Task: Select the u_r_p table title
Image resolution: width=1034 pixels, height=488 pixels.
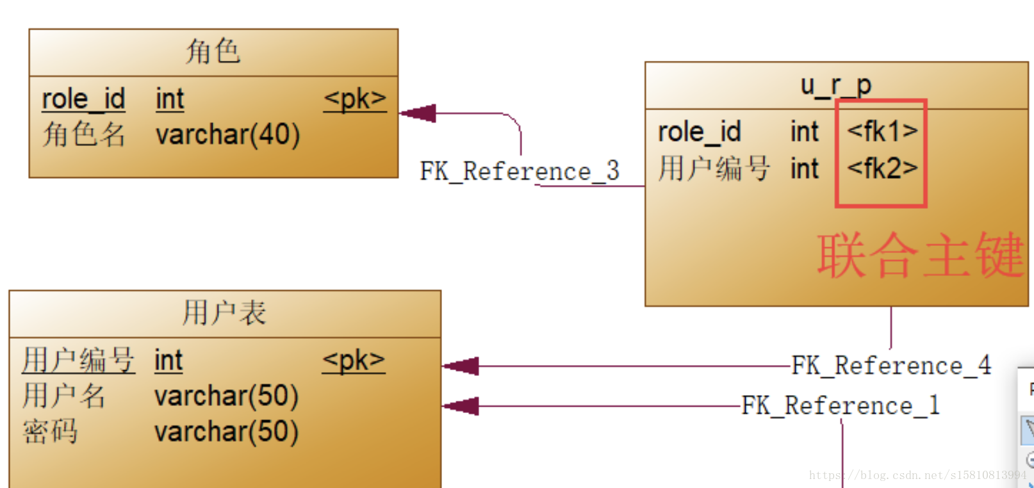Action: coord(836,85)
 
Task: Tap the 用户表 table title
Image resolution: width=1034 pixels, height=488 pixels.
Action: coord(225,313)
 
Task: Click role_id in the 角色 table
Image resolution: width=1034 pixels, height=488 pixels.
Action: coord(83,99)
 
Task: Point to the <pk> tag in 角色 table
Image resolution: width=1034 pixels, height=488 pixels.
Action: coord(355,99)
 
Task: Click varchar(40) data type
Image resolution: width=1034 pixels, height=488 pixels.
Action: coord(228,134)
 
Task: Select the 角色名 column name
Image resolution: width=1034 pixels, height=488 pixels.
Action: coord(83,134)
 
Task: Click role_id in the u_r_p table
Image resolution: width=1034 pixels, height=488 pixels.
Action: coord(700,132)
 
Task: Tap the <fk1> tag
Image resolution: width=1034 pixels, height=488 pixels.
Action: coord(882,131)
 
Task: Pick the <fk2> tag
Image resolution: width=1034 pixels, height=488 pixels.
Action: coord(882,168)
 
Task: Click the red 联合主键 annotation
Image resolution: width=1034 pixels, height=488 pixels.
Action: coord(921,255)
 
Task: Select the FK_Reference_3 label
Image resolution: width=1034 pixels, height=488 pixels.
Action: coord(520,171)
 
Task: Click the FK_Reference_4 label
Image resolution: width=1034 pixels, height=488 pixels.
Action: coord(891,365)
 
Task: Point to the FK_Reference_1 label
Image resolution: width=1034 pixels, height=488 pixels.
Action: coord(841,405)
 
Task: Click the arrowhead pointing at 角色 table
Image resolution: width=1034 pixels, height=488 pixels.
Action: coord(418,113)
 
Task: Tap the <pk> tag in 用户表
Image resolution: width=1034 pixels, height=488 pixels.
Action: coord(354,360)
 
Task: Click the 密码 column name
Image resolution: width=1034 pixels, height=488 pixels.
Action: coord(51,432)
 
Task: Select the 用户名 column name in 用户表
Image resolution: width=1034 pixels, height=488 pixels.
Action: coord(64,396)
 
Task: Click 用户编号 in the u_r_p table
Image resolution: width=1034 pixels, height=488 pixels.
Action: coord(714,168)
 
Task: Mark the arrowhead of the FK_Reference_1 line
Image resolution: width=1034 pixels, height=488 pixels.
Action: coord(461,406)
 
